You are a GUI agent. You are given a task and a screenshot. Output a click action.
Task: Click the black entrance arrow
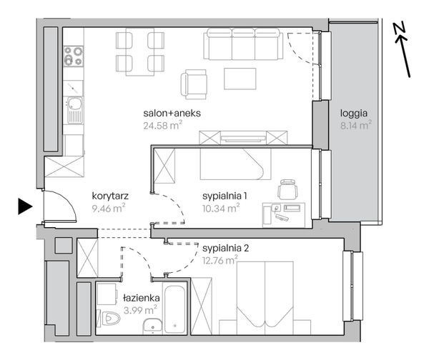coord(24,206)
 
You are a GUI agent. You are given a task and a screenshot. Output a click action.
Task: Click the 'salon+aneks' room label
coord(172,113)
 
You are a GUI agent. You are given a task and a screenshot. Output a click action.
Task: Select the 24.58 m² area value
coord(162,126)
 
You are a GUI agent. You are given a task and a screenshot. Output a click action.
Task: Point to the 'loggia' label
coord(353,114)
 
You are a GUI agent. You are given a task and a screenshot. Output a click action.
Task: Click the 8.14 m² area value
coord(355,126)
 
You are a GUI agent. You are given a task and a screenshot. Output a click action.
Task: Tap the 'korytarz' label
coord(110,196)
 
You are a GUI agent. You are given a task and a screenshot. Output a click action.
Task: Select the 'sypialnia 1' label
coord(225,196)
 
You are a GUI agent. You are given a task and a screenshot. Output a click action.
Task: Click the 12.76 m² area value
coord(220,261)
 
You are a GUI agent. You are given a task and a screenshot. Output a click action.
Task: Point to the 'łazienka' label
coord(142,298)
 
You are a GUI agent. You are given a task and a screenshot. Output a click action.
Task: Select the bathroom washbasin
coord(152,326)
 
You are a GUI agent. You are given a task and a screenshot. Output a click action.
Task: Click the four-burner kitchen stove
coord(74,56)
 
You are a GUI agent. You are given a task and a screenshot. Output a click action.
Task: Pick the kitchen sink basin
coord(74,104)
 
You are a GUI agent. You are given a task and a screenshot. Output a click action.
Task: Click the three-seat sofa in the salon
coord(243,44)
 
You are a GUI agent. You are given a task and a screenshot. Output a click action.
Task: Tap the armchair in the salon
coord(194,84)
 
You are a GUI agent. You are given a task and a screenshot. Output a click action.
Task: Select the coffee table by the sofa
coord(240,79)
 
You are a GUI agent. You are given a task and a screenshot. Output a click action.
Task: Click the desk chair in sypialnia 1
coord(287,189)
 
